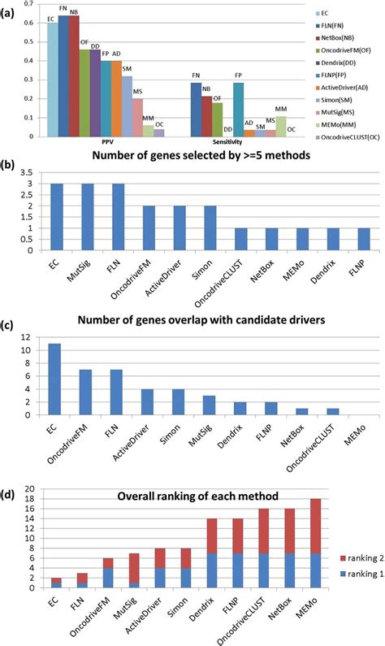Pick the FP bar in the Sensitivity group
[x=238, y=110]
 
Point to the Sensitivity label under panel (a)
[x=239, y=146]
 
